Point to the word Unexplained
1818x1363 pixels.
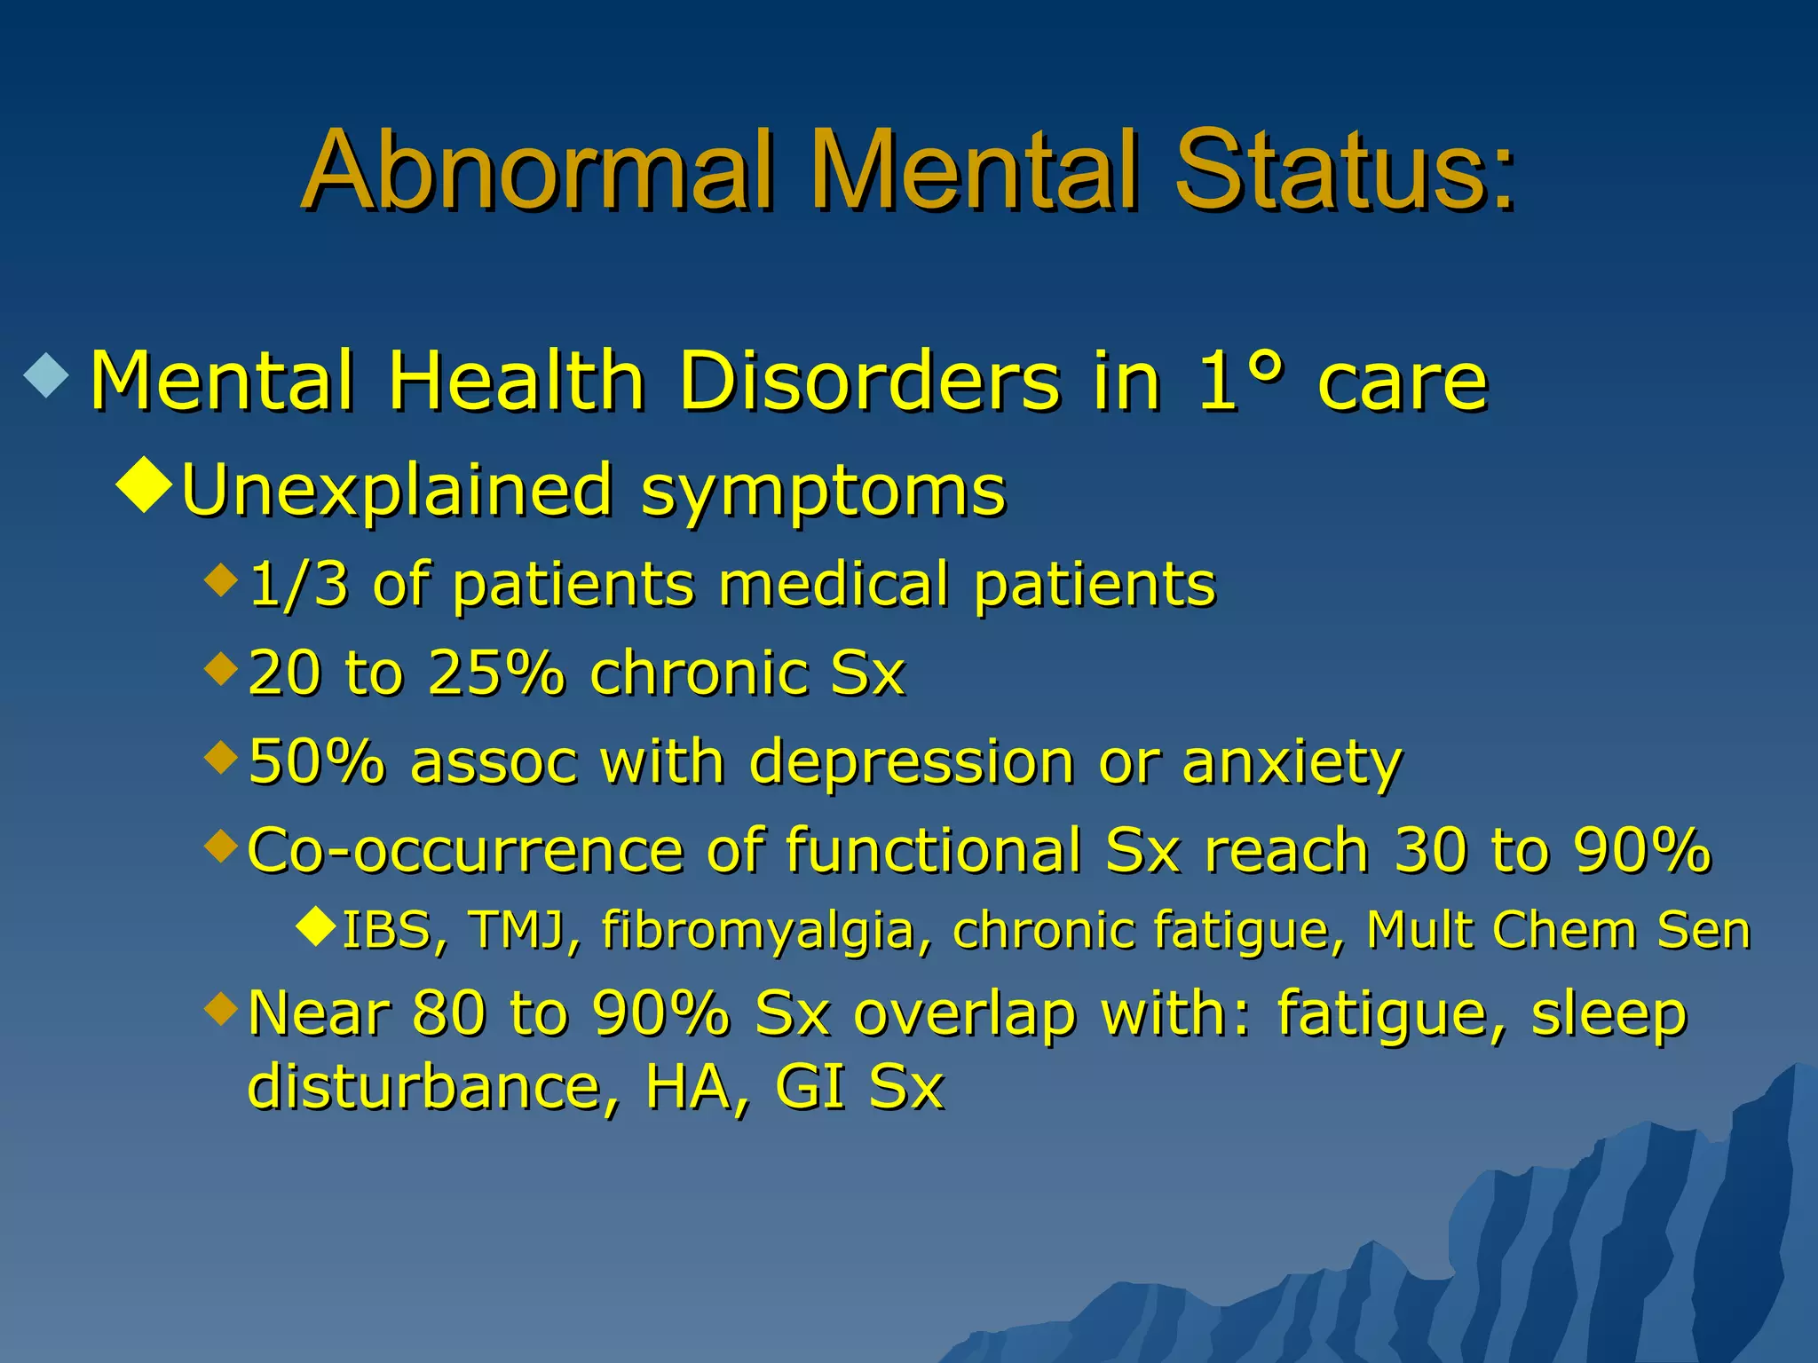pos(396,490)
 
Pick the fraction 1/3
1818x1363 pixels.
pos(298,585)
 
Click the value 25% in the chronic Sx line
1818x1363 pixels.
pos(495,673)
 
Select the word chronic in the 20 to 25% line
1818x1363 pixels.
pos(698,673)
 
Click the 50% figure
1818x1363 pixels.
pos(317,761)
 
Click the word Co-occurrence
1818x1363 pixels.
pos(465,850)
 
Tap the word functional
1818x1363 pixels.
pos(932,850)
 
